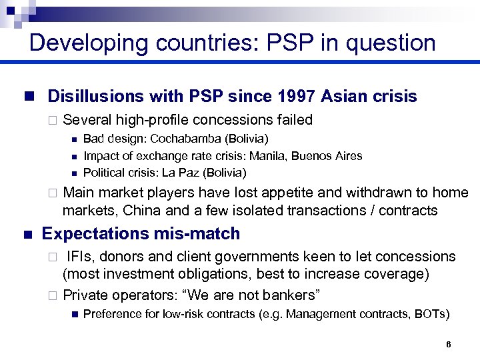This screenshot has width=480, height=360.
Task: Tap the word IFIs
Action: [81, 257]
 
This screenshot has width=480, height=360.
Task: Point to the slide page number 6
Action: [449, 345]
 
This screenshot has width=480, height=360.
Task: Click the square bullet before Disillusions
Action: [27, 97]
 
